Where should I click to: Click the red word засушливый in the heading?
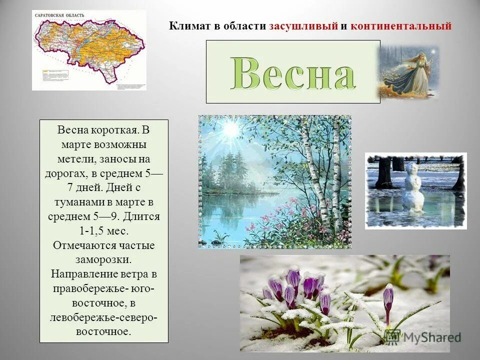[x=303, y=26]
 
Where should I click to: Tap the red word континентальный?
[x=401, y=26]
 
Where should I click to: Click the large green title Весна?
[x=293, y=73]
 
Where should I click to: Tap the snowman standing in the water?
[x=413, y=187]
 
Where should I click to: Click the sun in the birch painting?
[x=231, y=129]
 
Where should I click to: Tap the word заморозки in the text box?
[x=104, y=260]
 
